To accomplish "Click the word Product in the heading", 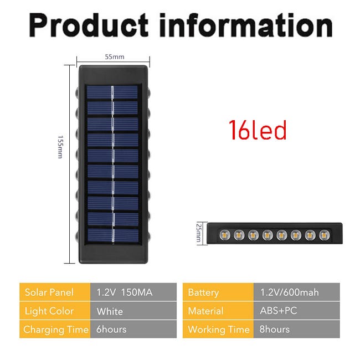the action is tap(89, 25).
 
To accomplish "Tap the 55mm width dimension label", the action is tap(115, 56).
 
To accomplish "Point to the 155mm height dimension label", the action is tap(60, 147).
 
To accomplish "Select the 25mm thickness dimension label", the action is tap(199, 233).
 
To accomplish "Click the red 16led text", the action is tap(258, 130).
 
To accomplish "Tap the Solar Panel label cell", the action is tap(55, 292).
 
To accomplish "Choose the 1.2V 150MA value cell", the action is tap(133, 292).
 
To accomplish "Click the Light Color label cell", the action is tap(55, 311).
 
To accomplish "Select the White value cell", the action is tap(133, 311).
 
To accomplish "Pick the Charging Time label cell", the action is tap(55, 329).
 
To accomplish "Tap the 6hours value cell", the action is tap(133, 329).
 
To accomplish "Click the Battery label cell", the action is tap(218, 292).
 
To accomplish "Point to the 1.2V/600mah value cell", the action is tap(297, 292).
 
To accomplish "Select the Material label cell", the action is tap(218, 311).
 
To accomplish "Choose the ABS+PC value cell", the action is tap(297, 311).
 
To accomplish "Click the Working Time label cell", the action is tap(218, 329).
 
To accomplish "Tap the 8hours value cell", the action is tap(297, 329).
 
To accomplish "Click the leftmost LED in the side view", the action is tap(225, 235).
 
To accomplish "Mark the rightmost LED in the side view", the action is tap(324, 235).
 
